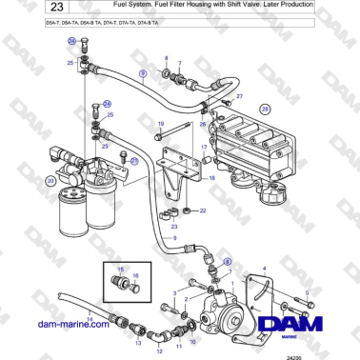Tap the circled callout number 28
pos(266,109)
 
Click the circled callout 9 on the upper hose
pos(143,72)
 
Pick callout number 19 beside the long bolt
pos(160,124)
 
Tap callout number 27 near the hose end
pos(239,97)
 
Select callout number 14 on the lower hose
pos(90,318)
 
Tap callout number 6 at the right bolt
pos(306,293)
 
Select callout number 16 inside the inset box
pos(135,274)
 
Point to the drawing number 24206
pos(332,352)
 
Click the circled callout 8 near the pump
pos(227,260)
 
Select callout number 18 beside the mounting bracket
pos(211,178)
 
